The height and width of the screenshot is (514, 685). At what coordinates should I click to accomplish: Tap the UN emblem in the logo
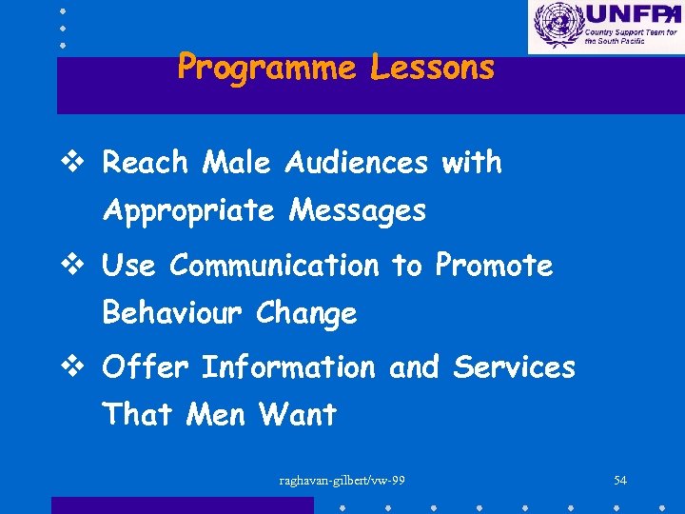click(556, 26)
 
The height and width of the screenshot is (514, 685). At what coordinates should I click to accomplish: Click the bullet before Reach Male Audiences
click(83, 164)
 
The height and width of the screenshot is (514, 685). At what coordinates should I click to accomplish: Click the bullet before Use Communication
click(83, 267)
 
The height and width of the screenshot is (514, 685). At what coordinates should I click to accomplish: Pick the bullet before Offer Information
click(83, 367)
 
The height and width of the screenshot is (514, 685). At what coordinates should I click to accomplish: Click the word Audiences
click(357, 164)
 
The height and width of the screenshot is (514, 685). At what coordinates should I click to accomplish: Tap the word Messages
click(357, 210)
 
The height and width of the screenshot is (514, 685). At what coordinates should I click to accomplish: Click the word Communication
click(274, 267)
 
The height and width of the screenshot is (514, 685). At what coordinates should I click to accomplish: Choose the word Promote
click(494, 267)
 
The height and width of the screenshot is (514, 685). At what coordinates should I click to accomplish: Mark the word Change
click(306, 313)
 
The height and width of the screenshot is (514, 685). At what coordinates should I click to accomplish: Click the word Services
click(514, 367)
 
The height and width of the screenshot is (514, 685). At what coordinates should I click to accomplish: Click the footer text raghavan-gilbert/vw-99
click(342, 481)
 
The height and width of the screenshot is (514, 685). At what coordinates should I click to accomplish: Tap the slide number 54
click(620, 481)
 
